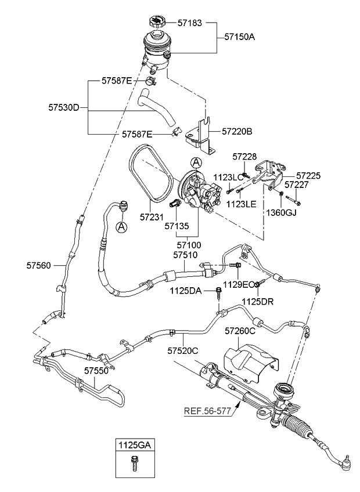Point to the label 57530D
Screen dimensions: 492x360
pyautogui.click(x=63, y=107)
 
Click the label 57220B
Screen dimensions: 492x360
pyautogui.click(x=237, y=132)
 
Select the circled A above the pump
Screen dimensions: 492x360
pyautogui.click(x=196, y=163)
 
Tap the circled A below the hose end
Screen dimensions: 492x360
pyautogui.click(x=121, y=227)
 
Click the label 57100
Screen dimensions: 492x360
pyautogui.click(x=185, y=245)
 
